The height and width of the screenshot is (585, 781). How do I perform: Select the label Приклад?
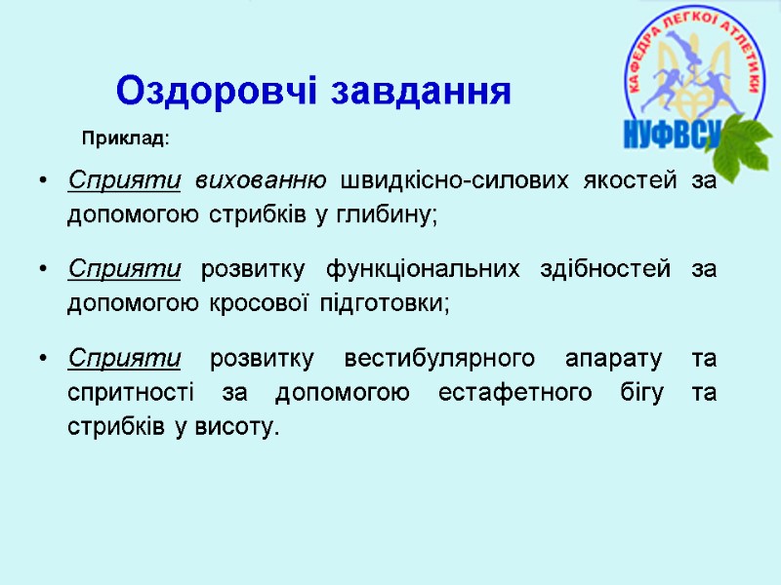125,139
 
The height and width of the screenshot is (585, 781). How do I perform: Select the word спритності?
124,392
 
